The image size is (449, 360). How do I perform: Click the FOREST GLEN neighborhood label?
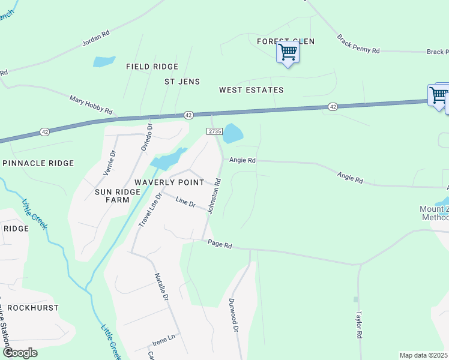[x=286, y=41]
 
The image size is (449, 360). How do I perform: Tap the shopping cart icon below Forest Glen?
[x=288, y=53]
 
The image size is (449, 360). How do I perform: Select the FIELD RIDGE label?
[x=152, y=67]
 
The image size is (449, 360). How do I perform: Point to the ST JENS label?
[x=182, y=82]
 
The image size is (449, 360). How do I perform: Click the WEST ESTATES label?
[x=251, y=90]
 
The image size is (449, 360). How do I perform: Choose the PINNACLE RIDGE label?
[x=38, y=163]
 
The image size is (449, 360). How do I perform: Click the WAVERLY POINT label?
[x=169, y=182]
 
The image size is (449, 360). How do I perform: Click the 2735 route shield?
[x=214, y=131]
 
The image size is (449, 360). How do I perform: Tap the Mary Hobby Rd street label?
[x=91, y=104]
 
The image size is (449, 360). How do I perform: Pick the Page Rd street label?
[x=220, y=244]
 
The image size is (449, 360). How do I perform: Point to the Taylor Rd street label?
[x=360, y=325]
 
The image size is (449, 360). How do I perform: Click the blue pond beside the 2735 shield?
[x=233, y=134]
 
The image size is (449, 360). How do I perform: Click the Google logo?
[x=20, y=353]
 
